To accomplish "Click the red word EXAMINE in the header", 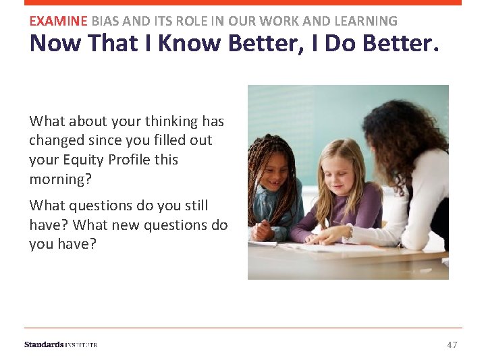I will tap(59, 21).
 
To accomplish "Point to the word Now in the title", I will tap(53, 43).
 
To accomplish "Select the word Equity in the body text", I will tap(82, 160).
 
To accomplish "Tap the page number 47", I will tap(452, 345).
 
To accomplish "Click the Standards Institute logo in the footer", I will tap(61, 345).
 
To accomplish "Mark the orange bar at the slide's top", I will tap(243, 3).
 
